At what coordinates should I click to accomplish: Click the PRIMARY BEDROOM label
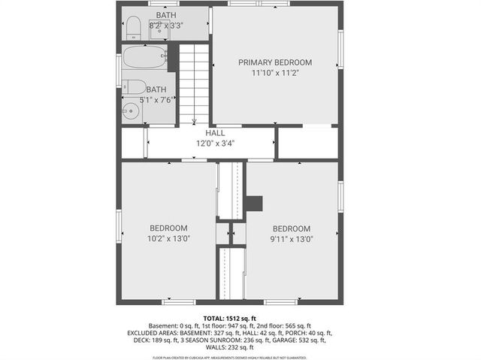[x=275, y=62]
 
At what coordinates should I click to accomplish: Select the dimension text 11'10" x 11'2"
[x=275, y=74]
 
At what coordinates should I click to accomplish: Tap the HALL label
[x=215, y=133]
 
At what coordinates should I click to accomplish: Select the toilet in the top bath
[x=133, y=28]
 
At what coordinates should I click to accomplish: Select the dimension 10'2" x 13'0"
[x=168, y=239]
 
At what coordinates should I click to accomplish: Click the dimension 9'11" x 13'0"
[x=291, y=239]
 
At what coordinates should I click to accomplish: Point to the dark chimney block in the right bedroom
[x=255, y=204]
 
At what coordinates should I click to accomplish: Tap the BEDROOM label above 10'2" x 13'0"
[x=168, y=228]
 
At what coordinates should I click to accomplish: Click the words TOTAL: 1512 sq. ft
[x=230, y=318]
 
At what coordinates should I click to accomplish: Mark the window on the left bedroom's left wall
[x=119, y=226]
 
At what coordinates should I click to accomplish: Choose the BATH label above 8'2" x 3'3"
[x=167, y=15]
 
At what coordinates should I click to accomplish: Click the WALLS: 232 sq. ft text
[x=230, y=347]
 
